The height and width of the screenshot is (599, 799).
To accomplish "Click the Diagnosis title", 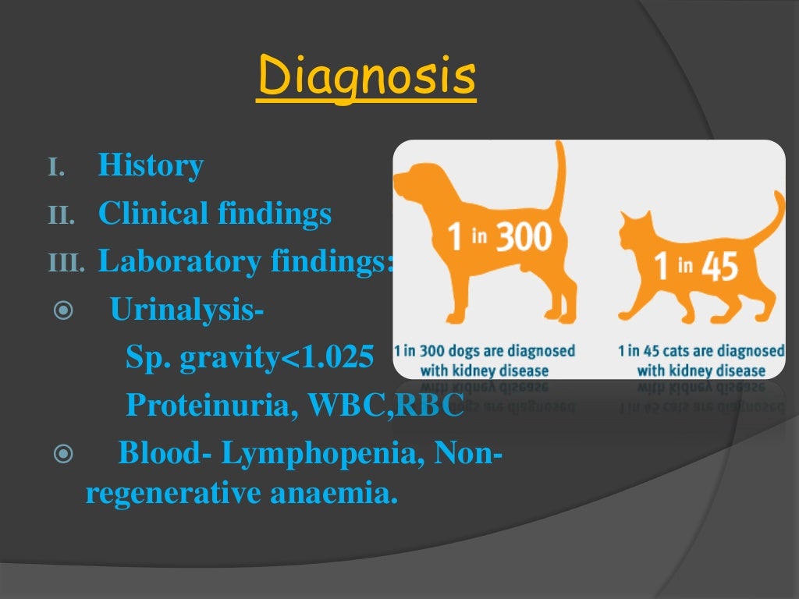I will tap(365, 79).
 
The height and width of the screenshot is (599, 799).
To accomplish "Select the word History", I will tap(151, 166).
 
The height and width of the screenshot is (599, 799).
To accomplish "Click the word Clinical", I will tap(153, 214).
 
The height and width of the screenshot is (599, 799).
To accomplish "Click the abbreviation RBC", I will tap(430, 405).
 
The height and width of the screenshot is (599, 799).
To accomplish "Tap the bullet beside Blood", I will tap(62, 453).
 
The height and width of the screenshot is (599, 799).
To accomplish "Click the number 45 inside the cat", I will tap(719, 268).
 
